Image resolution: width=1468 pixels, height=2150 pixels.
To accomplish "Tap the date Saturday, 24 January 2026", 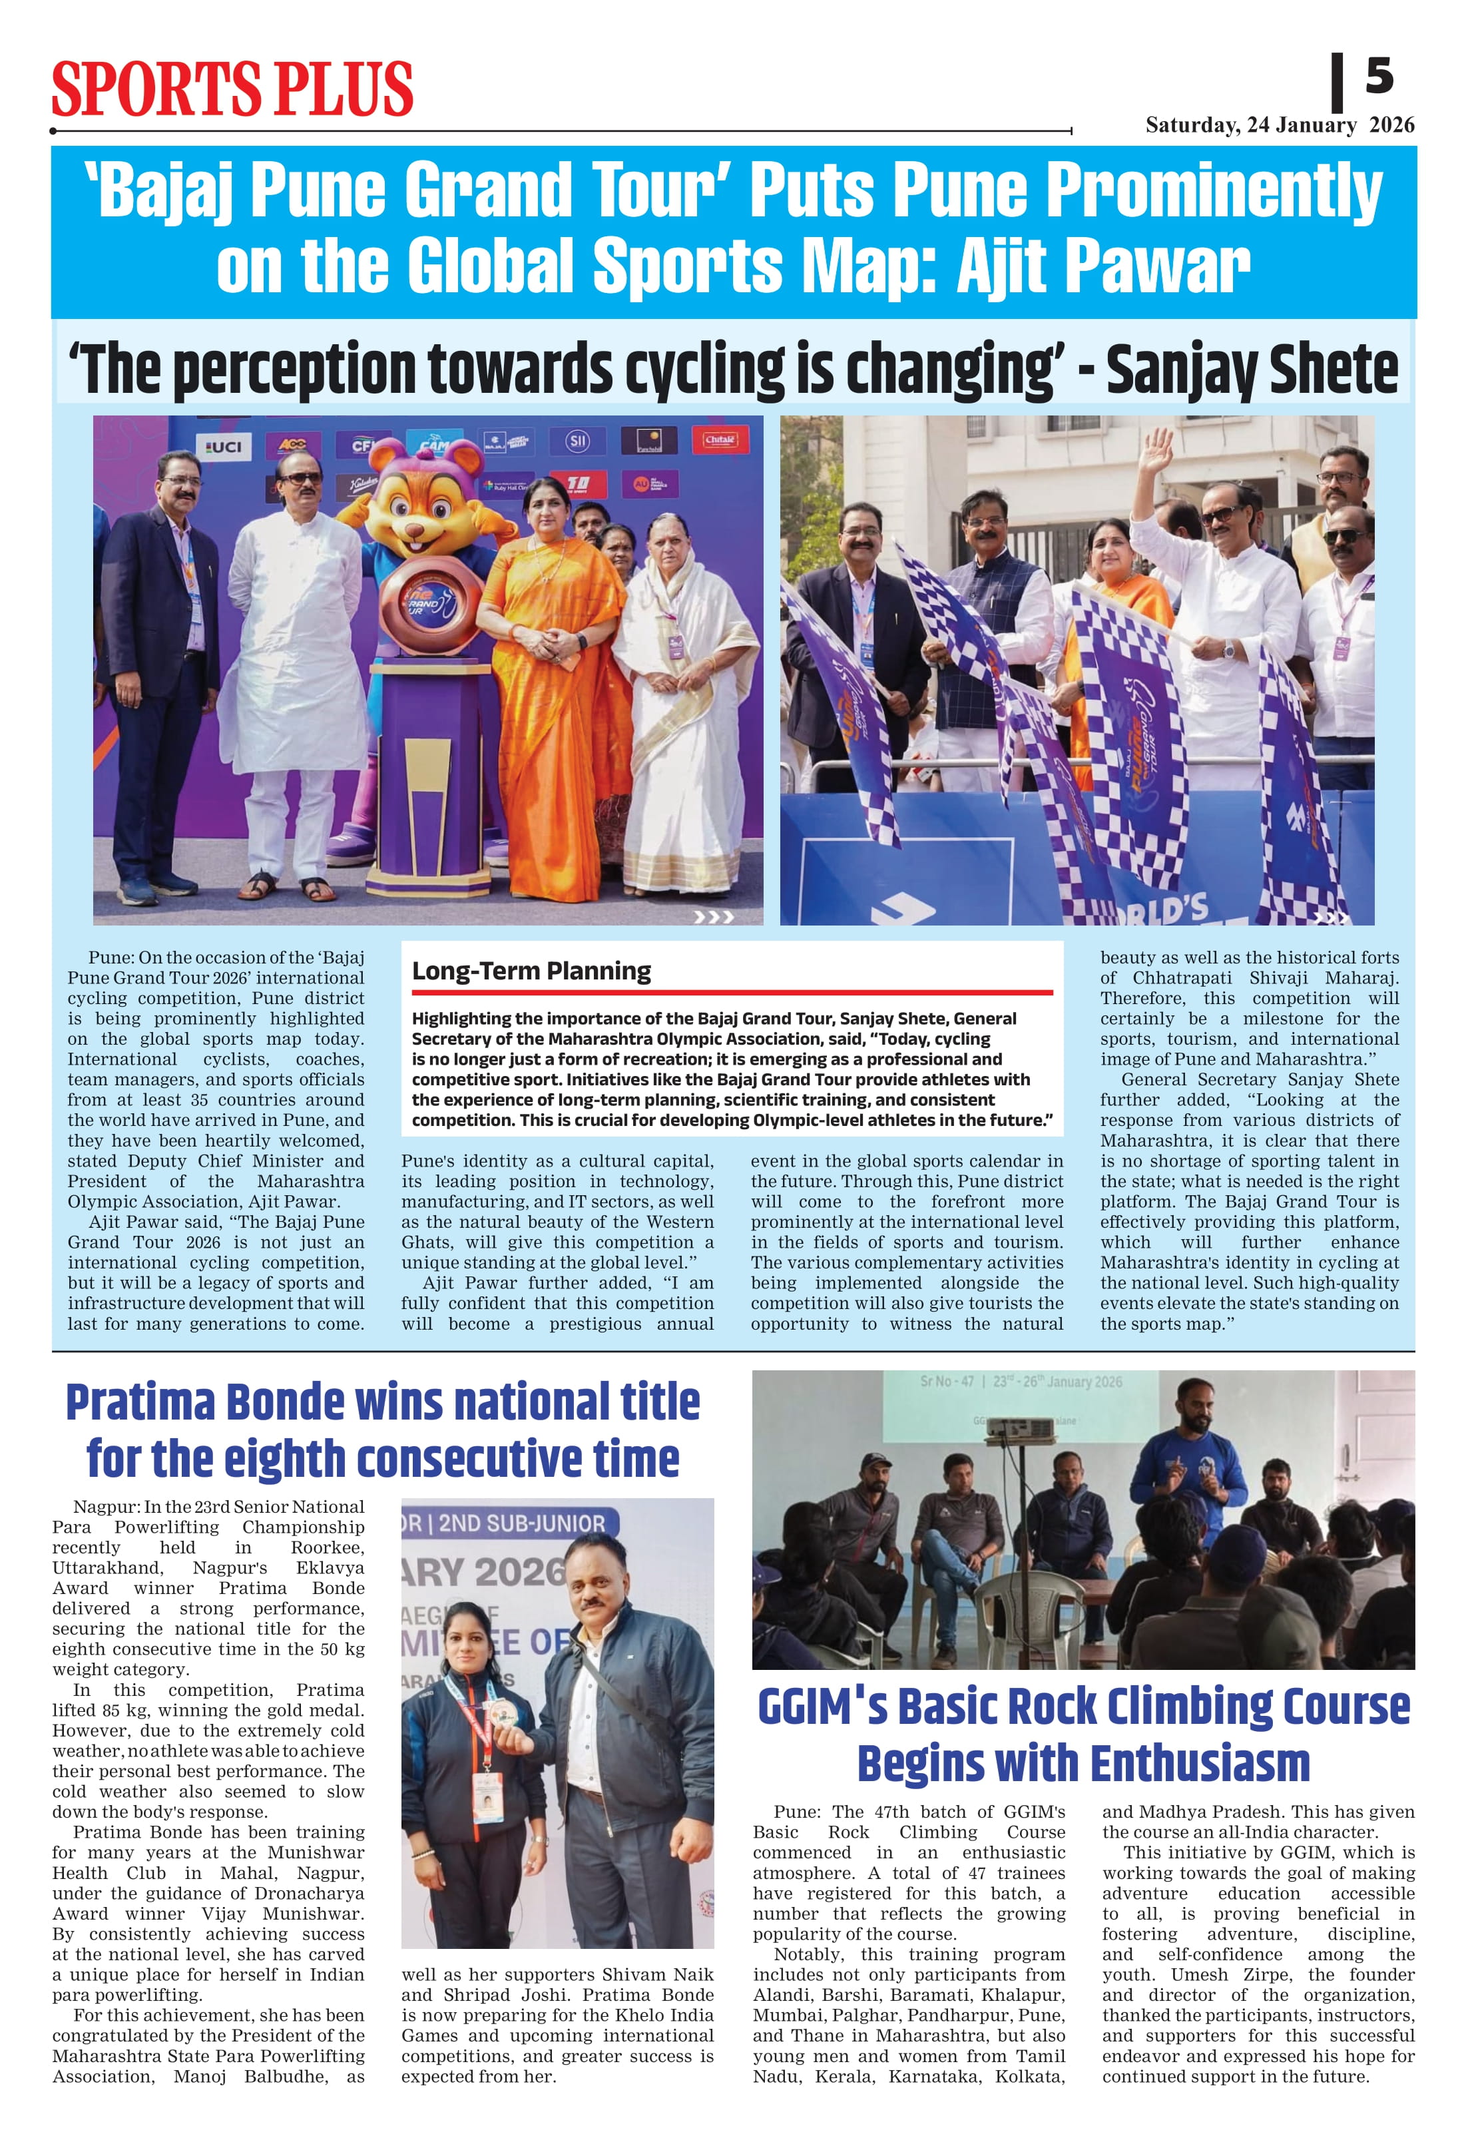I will (x=1280, y=126).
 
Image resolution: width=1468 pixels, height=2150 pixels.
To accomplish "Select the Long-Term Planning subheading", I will (x=531, y=970).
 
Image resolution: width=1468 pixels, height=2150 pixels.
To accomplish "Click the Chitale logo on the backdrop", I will (x=719, y=439).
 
